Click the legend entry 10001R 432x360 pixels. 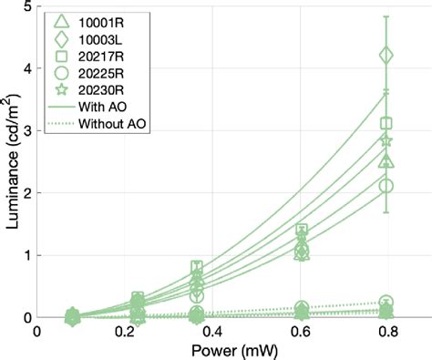coord(96,21)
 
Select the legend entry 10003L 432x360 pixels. coord(96,41)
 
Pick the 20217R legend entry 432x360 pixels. coord(96,61)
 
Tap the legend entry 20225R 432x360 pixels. coord(96,81)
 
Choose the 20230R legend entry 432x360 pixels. coord(96,101)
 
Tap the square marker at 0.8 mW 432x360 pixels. coord(386,123)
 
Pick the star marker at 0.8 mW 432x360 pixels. coord(386,140)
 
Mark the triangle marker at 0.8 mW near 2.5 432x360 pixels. coord(386,161)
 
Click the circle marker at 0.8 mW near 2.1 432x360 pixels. coord(386,186)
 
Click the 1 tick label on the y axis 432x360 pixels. coord(25,256)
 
